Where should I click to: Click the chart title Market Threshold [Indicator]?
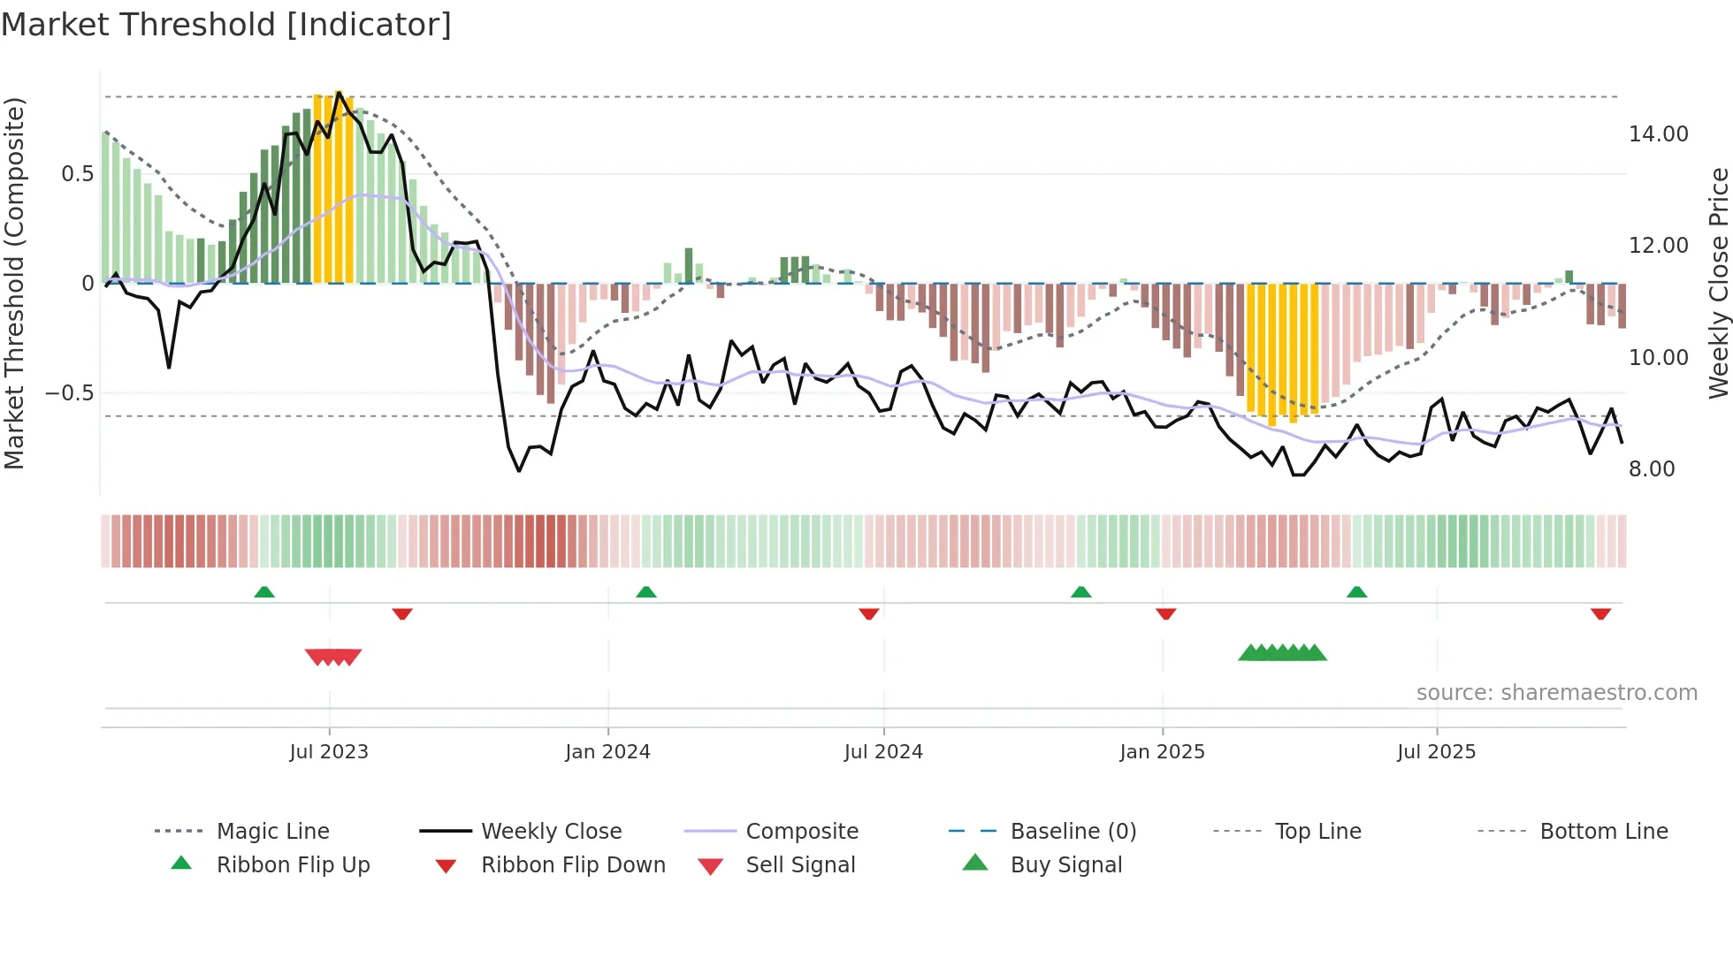click(226, 25)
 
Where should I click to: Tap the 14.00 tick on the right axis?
click(1658, 134)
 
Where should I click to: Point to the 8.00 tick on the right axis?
click(1652, 469)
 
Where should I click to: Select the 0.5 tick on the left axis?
click(78, 174)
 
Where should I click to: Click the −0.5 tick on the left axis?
click(70, 393)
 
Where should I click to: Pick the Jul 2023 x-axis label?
click(329, 752)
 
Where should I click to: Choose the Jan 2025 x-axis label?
click(1162, 752)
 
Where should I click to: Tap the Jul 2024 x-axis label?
click(883, 752)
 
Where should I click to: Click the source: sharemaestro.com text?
click(1556, 693)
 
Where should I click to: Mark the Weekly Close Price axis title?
click(1718, 283)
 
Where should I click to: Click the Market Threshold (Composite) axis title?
click(15, 283)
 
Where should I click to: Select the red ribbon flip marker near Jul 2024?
click(869, 613)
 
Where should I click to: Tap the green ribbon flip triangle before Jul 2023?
click(264, 591)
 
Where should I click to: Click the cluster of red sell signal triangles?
click(333, 657)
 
